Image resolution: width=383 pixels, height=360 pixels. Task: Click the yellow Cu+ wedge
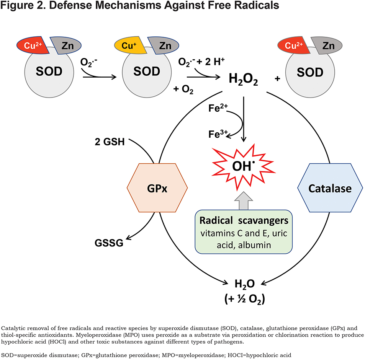point(129,46)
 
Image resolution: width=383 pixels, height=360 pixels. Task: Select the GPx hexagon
point(157,188)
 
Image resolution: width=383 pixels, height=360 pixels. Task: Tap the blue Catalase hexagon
point(330,188)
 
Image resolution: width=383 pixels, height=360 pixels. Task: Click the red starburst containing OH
point(244,167)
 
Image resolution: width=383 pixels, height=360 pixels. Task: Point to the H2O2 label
point(243,79)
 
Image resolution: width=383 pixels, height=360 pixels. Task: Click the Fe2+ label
point(218,108)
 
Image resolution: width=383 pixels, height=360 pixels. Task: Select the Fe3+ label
point(218,134)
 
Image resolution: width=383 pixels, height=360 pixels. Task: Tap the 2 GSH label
point(110,142)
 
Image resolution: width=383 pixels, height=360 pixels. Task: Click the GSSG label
point(109,243)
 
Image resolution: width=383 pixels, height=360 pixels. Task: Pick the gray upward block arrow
point(244,200)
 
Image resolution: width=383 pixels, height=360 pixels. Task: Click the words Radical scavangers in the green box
point(244,220)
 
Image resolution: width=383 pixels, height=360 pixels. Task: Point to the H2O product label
point(244,284)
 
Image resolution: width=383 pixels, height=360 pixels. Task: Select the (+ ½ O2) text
point(244,299)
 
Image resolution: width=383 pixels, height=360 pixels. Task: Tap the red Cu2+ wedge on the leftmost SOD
point(33,46)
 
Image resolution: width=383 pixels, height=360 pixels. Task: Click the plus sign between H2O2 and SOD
point(277,78)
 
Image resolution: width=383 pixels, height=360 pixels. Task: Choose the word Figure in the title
point(17,5)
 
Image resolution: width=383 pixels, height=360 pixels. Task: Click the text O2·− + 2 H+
point(201,62)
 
